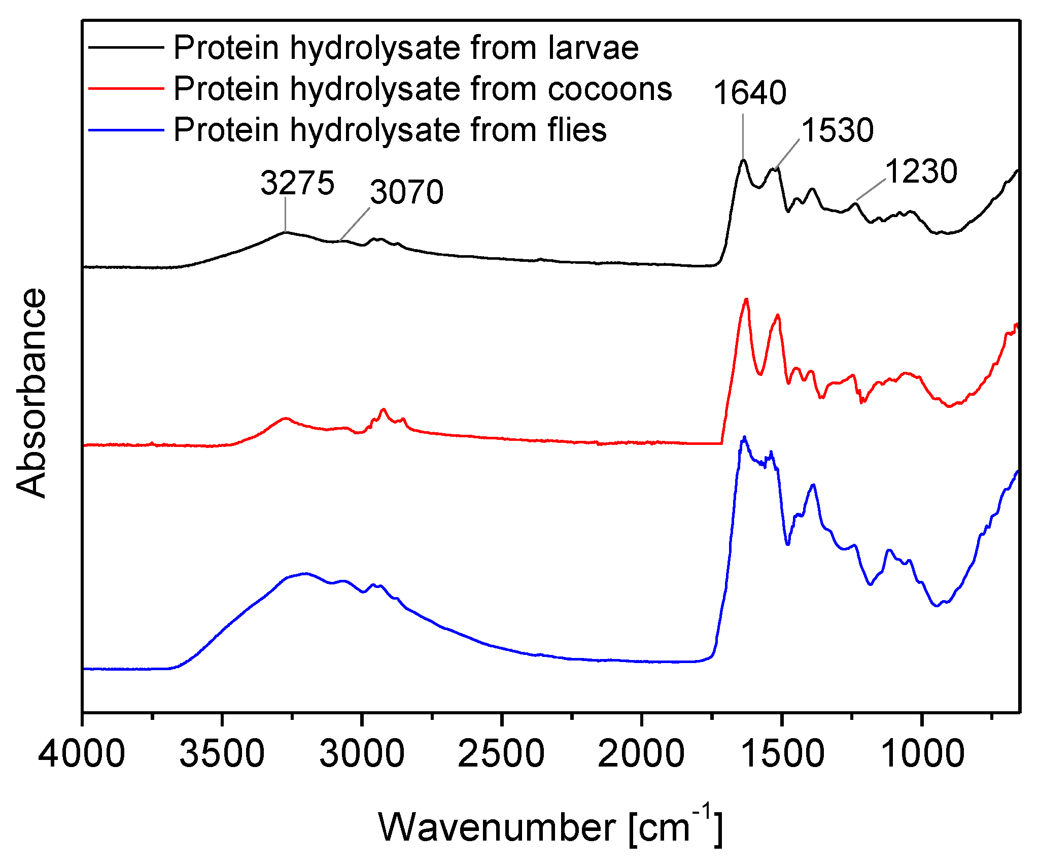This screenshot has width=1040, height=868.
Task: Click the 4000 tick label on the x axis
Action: click(x=82, y=754)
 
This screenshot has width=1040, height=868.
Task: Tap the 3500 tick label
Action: click(x=222, y=754)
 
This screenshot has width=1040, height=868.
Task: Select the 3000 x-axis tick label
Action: click(x=362, y=754)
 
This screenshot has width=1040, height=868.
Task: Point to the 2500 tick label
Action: click(x=501, y=754)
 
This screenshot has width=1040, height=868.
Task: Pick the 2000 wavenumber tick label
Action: click(x=641, y=754)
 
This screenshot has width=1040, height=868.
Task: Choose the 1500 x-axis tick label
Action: click(x=782, y=754)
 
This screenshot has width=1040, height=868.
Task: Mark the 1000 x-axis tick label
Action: click(x=922, y=754)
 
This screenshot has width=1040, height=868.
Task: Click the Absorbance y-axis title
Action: click(x=31, y=393)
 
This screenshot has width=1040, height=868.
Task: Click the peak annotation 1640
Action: click(x=750, y=93)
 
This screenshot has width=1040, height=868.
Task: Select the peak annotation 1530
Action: click(x=837, y=130)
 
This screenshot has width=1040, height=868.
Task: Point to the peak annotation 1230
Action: click(x=921, y=171)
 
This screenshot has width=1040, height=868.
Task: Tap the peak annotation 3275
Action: click(x=298, y=183)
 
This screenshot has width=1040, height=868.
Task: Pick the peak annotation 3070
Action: click(x=407, y=193)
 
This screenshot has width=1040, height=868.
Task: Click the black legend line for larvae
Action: click(x=126, y=47)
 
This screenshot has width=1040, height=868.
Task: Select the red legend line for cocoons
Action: click(x=126, y=88)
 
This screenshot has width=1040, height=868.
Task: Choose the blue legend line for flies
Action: click(x=126, y=130)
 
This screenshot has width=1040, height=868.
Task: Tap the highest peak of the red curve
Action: click(x=746, y=300)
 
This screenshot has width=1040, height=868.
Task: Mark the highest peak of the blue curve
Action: click(x=744, y=437)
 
